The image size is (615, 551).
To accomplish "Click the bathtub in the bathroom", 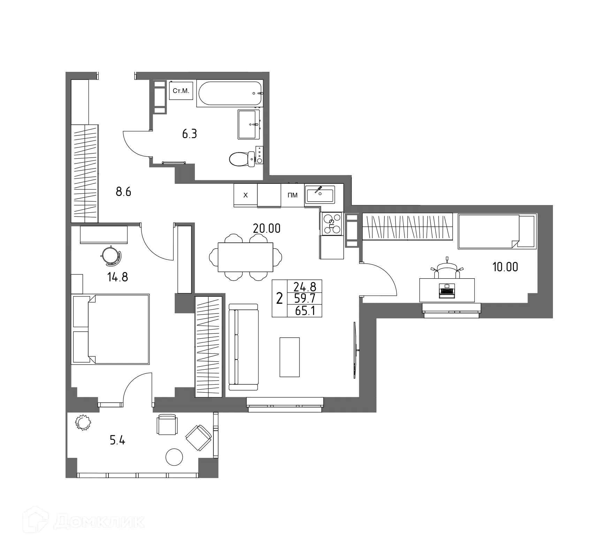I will [229, 93].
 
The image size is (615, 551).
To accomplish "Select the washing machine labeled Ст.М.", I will [181, 91].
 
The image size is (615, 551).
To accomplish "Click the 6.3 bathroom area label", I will [189, 134].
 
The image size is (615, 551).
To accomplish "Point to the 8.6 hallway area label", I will [123, 192].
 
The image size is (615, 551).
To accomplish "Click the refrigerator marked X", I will [245, 195].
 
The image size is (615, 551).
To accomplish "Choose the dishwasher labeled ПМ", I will [293, 195].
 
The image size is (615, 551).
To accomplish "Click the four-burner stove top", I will [331, 224].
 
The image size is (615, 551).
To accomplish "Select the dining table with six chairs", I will [245, 257].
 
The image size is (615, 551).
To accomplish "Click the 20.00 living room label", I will [267, 228].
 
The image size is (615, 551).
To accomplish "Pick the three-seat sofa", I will [243, 347].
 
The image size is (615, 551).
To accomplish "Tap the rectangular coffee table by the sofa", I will [289, 357].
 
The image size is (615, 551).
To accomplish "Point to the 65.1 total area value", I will [304, 311].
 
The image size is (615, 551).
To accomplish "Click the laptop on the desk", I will [447, 290].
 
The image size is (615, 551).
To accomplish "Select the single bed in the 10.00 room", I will [497, 231].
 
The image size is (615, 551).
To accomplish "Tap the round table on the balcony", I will [174, 457].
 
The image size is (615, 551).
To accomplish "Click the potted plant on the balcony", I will [83, 422].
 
